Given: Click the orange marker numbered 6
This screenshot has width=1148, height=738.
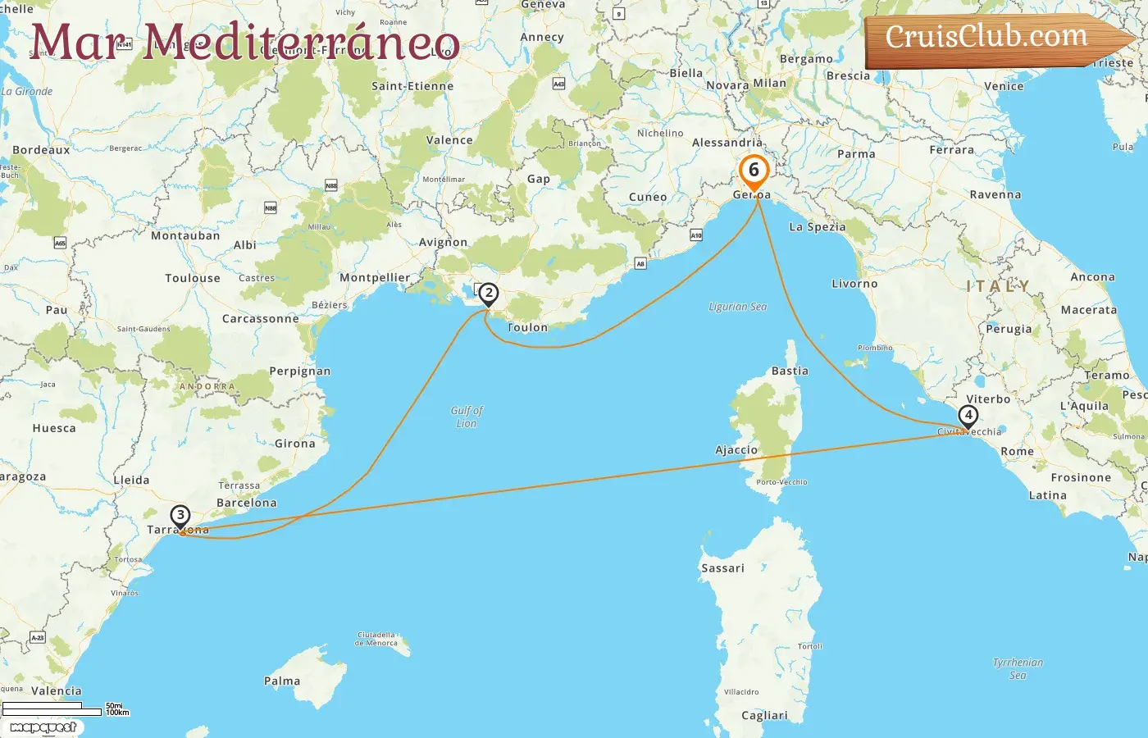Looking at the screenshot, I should (x=754, y=171).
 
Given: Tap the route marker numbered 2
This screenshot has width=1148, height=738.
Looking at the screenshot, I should (x=489, y=294).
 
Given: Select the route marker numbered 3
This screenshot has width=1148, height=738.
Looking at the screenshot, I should (x=180, y=517).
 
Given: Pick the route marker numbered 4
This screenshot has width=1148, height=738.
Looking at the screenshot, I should (x=968, y=416).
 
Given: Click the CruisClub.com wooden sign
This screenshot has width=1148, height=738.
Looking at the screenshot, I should (x=992, y=39).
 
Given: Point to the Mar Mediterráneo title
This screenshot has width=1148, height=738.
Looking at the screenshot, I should (x=244, y=43).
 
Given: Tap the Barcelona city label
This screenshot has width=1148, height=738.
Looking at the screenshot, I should (x=246, y=503).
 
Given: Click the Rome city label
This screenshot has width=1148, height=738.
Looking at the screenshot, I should (x=1017, y=452).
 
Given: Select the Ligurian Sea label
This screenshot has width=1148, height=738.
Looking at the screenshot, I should (x=738, y=307).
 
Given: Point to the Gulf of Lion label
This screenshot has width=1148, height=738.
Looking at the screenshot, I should (x=467, y=417).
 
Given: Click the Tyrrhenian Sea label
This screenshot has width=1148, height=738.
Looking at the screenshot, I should (x=1018, y=668).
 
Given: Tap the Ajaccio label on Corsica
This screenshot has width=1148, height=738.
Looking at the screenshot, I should (x=736, y=450).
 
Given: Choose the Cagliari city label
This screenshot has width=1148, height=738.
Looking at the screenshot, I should (x=764, y=716).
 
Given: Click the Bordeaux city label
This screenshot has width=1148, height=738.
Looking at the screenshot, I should (x=41, y=150).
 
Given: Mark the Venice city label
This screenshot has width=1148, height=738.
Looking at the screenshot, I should (x=1004, y=86).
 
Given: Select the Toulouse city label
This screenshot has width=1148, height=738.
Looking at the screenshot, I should (x=193, y=279).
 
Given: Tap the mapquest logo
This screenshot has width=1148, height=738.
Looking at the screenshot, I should (x=43, y=727).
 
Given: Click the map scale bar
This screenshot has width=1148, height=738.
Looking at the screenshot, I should (x=53, y=708).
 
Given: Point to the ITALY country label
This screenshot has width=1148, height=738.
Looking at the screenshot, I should (x=998, y=286).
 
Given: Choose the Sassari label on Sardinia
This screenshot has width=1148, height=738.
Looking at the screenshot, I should (x=722, y=568).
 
